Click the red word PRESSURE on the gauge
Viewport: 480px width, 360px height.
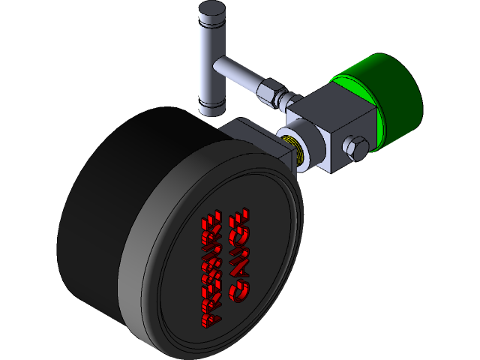pos(212,270)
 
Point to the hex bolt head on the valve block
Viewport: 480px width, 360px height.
pos(356,146)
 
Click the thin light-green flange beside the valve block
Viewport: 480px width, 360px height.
pos(379,120)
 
